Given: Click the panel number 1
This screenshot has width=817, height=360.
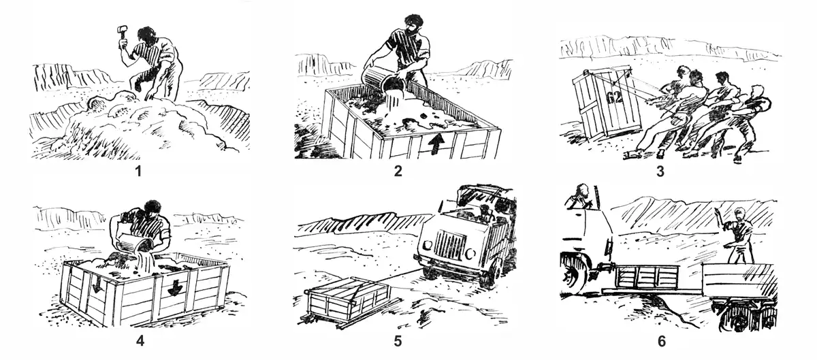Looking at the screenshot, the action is (x=138, y=171).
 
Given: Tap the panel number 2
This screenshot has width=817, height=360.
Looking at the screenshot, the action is (x=398, y=171).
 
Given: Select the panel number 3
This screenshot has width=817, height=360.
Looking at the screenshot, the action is (x=660, y=171).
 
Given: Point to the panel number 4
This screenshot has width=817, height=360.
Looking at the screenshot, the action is (x=140, y=341).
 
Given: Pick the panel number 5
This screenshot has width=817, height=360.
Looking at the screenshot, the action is (x=398, y=341).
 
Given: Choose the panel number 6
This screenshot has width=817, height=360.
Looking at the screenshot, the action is (x=661, y=341).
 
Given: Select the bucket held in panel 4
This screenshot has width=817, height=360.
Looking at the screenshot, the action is (x=135, y=242).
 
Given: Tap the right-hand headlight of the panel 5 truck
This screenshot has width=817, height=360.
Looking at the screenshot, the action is (x=471, y=252).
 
